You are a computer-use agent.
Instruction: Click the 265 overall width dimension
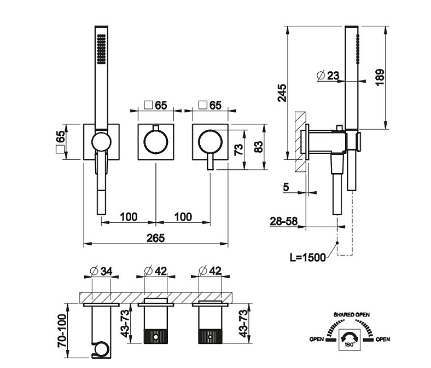(x=156, y=238)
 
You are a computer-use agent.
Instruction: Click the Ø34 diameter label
(x=100, y=271)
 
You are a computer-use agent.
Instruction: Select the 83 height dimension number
(x=259, y=147)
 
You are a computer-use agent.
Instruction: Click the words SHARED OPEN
(x=351, y=314)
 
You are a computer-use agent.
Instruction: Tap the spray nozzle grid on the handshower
(x=101, y=49)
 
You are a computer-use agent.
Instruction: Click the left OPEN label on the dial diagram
(x=317, y=340)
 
